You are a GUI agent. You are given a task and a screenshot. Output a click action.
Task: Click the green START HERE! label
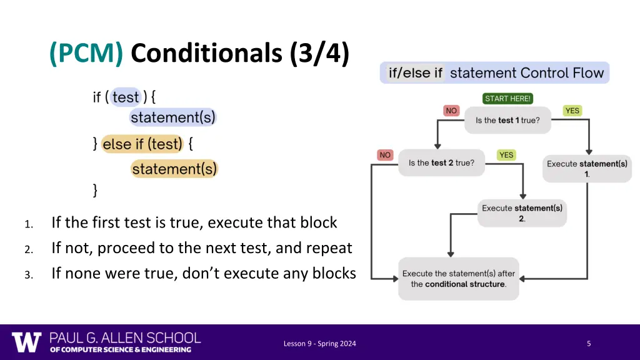click(x=507, y=99)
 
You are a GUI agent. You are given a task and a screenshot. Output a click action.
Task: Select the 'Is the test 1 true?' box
click(x=507, y=120)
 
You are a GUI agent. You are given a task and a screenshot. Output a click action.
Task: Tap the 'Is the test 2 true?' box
click(x=441, y=163)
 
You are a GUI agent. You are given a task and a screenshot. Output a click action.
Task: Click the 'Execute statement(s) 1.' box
click(x=587, y=169)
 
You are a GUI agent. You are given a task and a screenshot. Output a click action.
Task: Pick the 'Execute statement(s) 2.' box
click(x=522, y=213)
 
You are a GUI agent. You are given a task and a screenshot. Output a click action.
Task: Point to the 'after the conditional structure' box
click(x=459, y=279)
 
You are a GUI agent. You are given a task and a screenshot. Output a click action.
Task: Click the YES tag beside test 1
click(x=572, y=111)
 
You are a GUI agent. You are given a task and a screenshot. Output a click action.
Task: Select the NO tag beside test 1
click(x=451, y=111)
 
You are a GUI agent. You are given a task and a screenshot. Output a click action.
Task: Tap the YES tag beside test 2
click(x=506, y=155)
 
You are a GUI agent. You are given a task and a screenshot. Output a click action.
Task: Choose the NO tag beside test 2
click(x=385, y=155)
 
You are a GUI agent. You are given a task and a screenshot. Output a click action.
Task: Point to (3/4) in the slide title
click(x=319, y=54)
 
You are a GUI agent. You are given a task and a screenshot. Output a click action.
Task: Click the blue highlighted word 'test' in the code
click(x=126, y=97)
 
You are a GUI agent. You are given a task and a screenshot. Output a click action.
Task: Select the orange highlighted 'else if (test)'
click(x=142, y=144)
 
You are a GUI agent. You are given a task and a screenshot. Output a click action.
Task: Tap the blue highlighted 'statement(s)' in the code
click(x=173, y=117)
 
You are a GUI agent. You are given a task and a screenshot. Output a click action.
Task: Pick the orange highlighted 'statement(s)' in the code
click(x=174, y=169)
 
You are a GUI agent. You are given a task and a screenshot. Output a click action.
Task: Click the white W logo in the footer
click(x=27, y=342)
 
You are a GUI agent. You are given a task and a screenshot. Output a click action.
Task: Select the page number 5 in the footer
click(x=589, y=343)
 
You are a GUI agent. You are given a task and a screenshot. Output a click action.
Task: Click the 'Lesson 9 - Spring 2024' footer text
click(x=319, y=343)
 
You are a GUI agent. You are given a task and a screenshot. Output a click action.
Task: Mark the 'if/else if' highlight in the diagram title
click(x=415, y=73)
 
